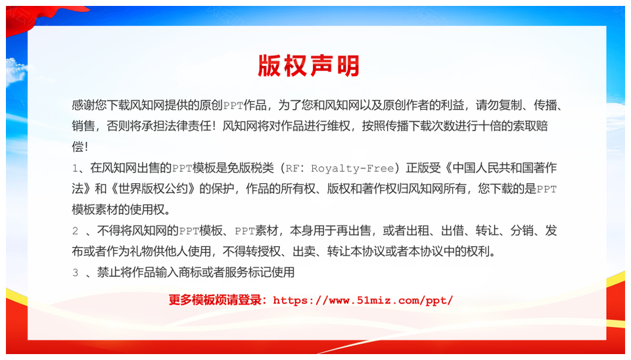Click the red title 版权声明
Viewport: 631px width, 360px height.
(309, 66)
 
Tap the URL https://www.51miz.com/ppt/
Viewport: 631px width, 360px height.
(363, 300)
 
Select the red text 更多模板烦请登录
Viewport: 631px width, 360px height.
(215, 300)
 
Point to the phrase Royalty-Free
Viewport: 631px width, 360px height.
(352, 168)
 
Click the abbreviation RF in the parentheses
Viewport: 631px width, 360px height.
(292, 168)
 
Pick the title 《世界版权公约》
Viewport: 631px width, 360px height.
(153, 189)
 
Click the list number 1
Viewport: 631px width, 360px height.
(75, 168)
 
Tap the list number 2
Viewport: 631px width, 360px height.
(75, 231)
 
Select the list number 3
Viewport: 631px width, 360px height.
(75, 273)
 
